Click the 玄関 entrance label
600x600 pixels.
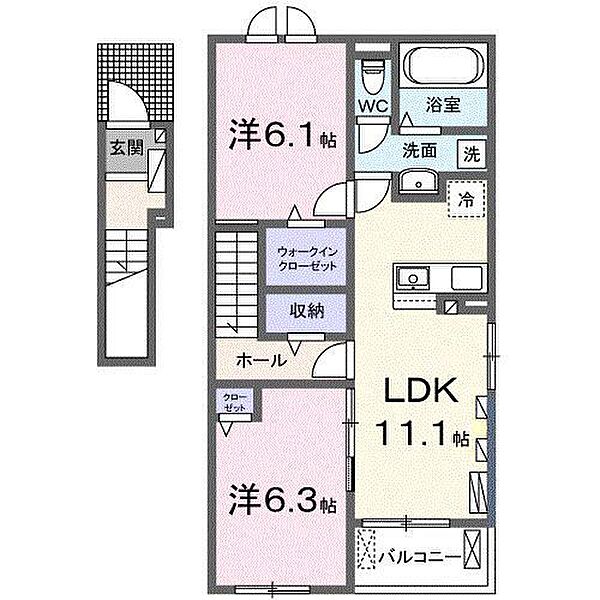click(x=125, y=148)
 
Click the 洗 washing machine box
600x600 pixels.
click(x=470, y=153)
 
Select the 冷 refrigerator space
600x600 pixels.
click(x=465, y=198)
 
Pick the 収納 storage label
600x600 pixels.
click(x=307, y=310)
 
